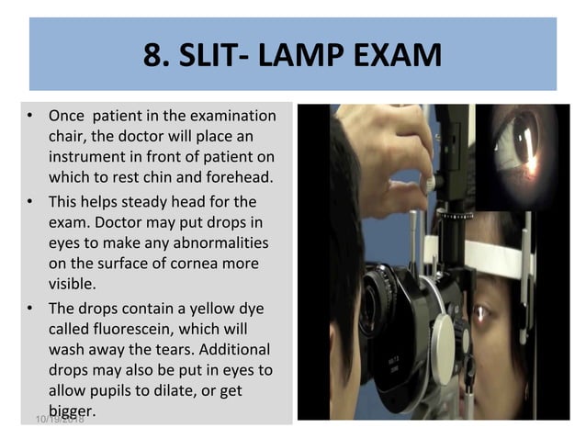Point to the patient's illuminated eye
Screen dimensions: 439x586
point(481,314)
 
